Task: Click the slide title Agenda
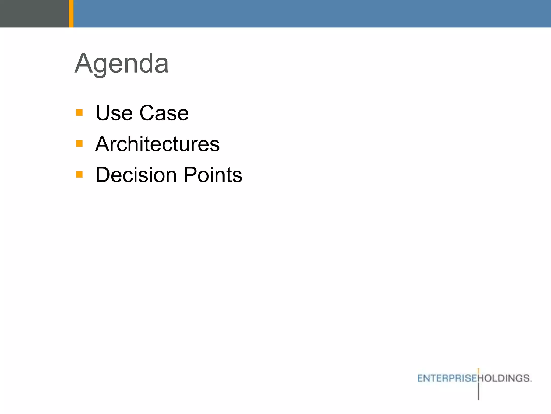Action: pos(122,64)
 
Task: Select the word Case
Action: pos(164,113)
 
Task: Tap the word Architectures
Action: pos(157,144)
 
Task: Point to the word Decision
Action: pos(136,175)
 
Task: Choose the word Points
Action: pos(213,175)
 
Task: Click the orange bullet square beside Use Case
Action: pos(79,112)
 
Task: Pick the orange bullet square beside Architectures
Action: pos(79,143)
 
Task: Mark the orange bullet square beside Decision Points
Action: pos(79,174)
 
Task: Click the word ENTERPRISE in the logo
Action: pos(447,378)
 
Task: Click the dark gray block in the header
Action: pos(34,13)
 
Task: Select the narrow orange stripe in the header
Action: pos(71,13)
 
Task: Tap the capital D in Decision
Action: pos(104,175)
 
